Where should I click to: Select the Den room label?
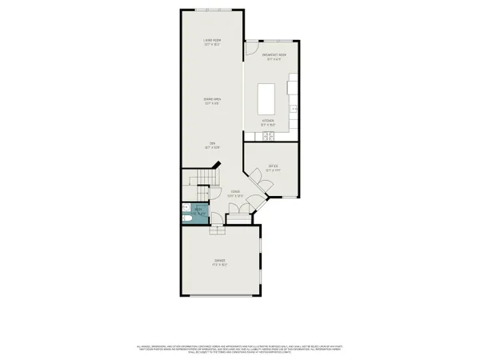point(212,145)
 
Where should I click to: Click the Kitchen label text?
point(268,122)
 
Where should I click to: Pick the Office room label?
point(273,168)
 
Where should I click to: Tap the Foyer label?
point(235,193)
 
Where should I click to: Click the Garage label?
point(219,262)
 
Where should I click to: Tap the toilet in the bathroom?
point(185,218)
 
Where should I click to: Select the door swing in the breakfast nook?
point(250,54)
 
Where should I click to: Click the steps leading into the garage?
point(217,230)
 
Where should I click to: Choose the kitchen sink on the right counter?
point(294,109)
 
